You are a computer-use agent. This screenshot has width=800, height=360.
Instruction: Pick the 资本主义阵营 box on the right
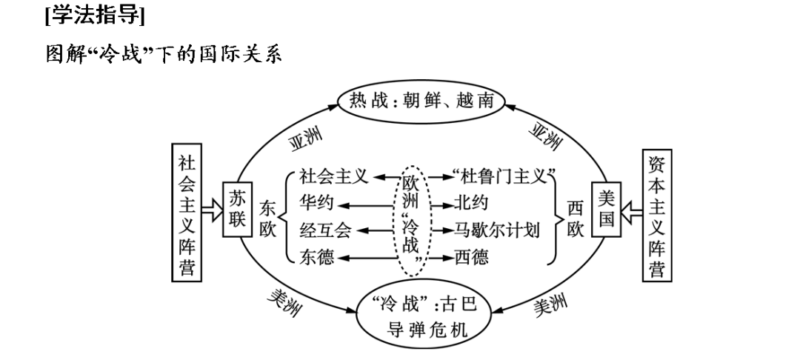(x=656, y=215)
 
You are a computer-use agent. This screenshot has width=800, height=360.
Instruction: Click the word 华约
(x=316, y=202)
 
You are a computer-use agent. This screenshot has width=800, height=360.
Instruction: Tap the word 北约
(x=472, y=202)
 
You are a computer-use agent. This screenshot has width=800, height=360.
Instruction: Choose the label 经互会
(x=325, y=230)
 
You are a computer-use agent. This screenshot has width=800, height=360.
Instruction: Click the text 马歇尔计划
(x=497, y=230)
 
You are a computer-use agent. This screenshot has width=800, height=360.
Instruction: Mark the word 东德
(x=316, y=257)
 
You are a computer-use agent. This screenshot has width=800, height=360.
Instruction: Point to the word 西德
(x=472, y=257)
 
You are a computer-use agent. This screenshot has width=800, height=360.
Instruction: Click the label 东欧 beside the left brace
(x=267, y=219)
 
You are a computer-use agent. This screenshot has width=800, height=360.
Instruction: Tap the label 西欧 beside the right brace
(x=576, y=219)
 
